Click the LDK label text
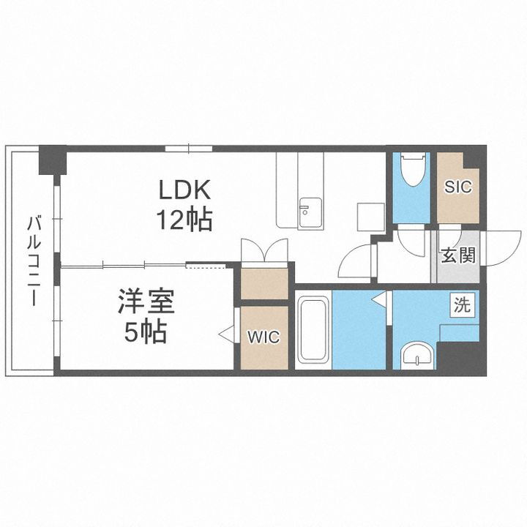click(186, 190)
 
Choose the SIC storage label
click(458, 187)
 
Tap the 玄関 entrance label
click(458, 255)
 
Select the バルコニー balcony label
click(33, 261)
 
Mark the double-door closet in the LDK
click(264, 253)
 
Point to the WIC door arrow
click(227, 336)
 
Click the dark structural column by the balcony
click(53, 160)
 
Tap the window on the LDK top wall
click(188, 149)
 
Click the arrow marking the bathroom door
click(379, 299)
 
